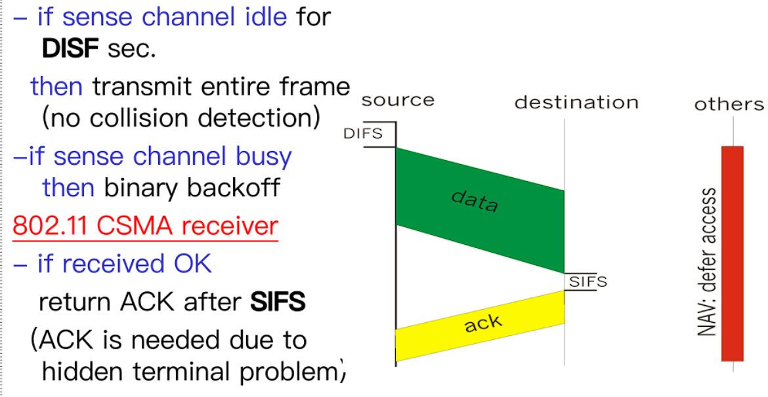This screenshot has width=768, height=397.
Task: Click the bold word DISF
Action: click(x=70, y=49)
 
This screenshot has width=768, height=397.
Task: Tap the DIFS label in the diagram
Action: click(x=363, y=134)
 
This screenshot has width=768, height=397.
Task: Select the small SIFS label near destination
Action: click(x=588, y=282)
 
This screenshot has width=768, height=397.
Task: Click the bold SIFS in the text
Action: click(x=278, y=303)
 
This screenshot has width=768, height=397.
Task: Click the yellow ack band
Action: click(x=480, y=325)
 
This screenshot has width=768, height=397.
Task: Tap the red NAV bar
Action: click(x=733, y=253)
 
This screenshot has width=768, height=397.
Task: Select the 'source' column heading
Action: click(x=398, y=100)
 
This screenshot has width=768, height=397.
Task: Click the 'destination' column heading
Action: click(x=576, y=102)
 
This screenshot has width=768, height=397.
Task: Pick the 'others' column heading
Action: click(x=729, y=104)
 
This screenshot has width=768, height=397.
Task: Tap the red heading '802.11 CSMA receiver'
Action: click(x=145, y=226)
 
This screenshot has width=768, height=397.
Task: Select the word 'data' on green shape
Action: click(x=475, y=201)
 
